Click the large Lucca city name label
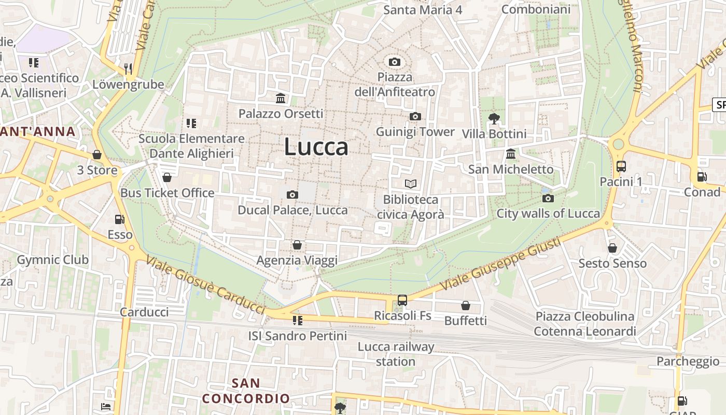click(x=316, y=147)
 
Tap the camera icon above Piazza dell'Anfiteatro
click(x=394, y=62)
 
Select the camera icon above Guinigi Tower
click(x=415, y=117)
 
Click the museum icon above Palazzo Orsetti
click(x=281, y=99)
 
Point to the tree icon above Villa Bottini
click(x=494, y=119)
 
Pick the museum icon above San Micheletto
click(x=510, y=154)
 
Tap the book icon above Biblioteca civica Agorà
click(x=410, y=184)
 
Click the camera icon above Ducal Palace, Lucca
click(x=292, y=195)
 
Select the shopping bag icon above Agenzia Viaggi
click(x=297, y=245)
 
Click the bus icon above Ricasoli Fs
click(x=402, y=300)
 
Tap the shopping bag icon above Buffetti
click(x=465, y=306)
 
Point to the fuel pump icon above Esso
click(x=120, y=219)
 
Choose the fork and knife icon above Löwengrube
click(x=128, y=68)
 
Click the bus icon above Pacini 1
click(x=621, y=167)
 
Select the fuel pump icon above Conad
click(x=702, y=177)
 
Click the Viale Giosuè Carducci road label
click(x=206, y=285)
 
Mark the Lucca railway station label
click(x=396, y=354)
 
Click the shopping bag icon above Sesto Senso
click(x=612, y=248)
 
